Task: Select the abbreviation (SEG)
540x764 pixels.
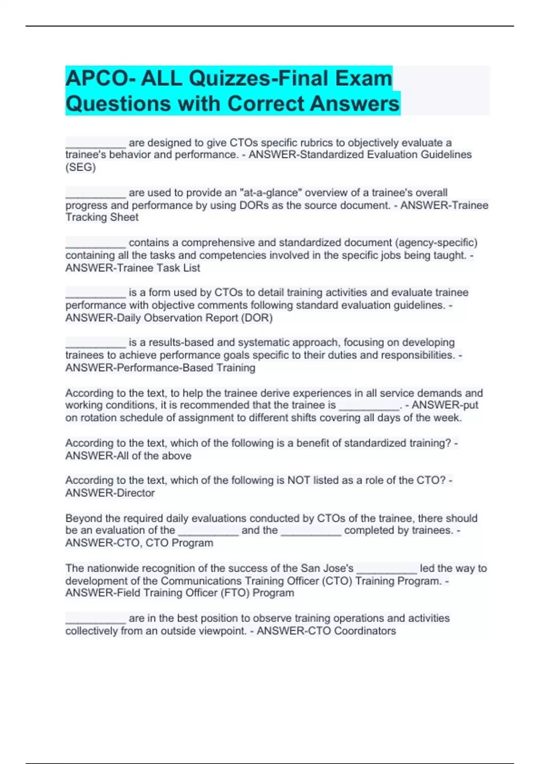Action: (x=81, y=167)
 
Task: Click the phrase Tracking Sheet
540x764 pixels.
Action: (x=102, y=218)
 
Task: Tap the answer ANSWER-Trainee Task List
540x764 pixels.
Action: (x=133, y=268)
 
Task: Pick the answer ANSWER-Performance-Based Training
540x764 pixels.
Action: (x=160, y=368)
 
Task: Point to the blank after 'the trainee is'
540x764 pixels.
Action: (x=369, y=406)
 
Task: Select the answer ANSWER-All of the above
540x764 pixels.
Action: (x=128, y=456)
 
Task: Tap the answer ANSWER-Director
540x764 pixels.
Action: (x=110, y=493)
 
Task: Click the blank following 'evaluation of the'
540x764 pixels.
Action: (x=208, y=531)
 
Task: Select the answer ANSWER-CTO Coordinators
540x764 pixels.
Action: (x=326, y=631)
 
